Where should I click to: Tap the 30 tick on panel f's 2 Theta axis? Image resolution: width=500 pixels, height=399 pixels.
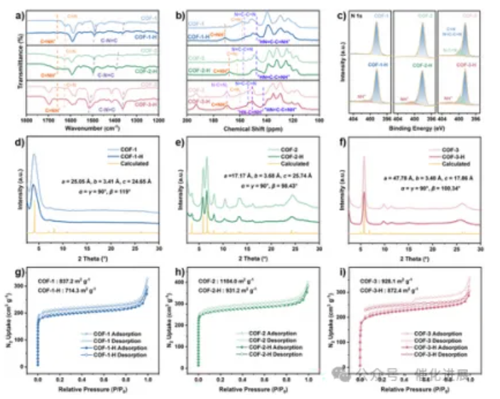coord(480,250)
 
